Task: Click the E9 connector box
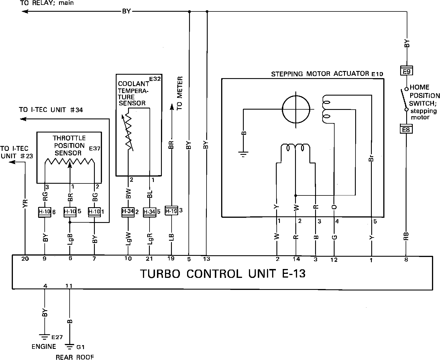tap(406, 71)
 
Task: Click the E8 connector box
tap(406, 130)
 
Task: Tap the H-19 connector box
tap(171, 211)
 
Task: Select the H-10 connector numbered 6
tap(45, 212)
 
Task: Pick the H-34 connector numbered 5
tap(149, 212)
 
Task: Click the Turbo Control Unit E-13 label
tap(222, 274)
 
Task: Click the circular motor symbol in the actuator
tap(296, 109)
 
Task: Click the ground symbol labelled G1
tap(69, 347)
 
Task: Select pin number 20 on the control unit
tap(25, 258)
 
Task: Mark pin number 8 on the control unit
tap(406, 260)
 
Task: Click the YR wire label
tap(25, 203)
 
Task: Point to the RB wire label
tap(406, 236)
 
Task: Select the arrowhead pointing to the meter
tap(172, 106)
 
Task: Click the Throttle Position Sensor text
tap(69, 145)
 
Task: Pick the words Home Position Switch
tap(424, 95)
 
